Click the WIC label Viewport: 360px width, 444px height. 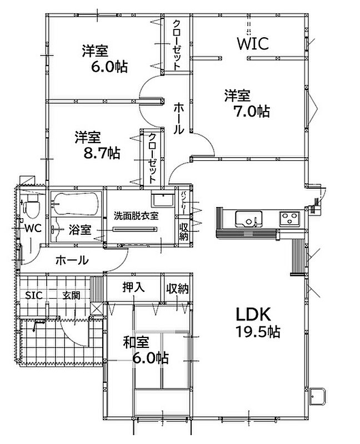[x=253, y=44]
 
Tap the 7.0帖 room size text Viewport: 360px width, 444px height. [x=251, y=112]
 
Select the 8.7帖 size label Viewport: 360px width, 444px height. [x=102, y=153]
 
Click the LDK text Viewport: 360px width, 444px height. [x=253, y=314]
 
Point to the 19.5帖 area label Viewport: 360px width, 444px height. [x=258, y=331]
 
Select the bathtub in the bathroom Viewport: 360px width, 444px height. [x=76, y=204]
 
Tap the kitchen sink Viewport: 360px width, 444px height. [x=248, y=219]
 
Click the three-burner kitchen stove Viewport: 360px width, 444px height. [x=289, y=219]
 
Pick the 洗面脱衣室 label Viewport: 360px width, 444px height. [x=136, y=216]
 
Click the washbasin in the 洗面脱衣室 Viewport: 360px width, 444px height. [x=163, y=199]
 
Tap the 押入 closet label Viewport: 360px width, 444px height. [x=133, y=287]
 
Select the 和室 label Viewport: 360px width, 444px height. [x=136, y=342]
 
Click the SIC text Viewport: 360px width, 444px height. [x=34, y=296]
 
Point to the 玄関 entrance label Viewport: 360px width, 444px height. [x=71, y=296]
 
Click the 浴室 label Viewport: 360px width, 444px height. [x=80, y=230]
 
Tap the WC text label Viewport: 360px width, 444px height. [x=33, y=228]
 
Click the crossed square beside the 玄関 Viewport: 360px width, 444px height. [x=96, y=308]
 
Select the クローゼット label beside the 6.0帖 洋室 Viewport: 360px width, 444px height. [x=177, y=44]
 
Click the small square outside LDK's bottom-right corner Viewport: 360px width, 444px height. [x=318, y=396]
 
